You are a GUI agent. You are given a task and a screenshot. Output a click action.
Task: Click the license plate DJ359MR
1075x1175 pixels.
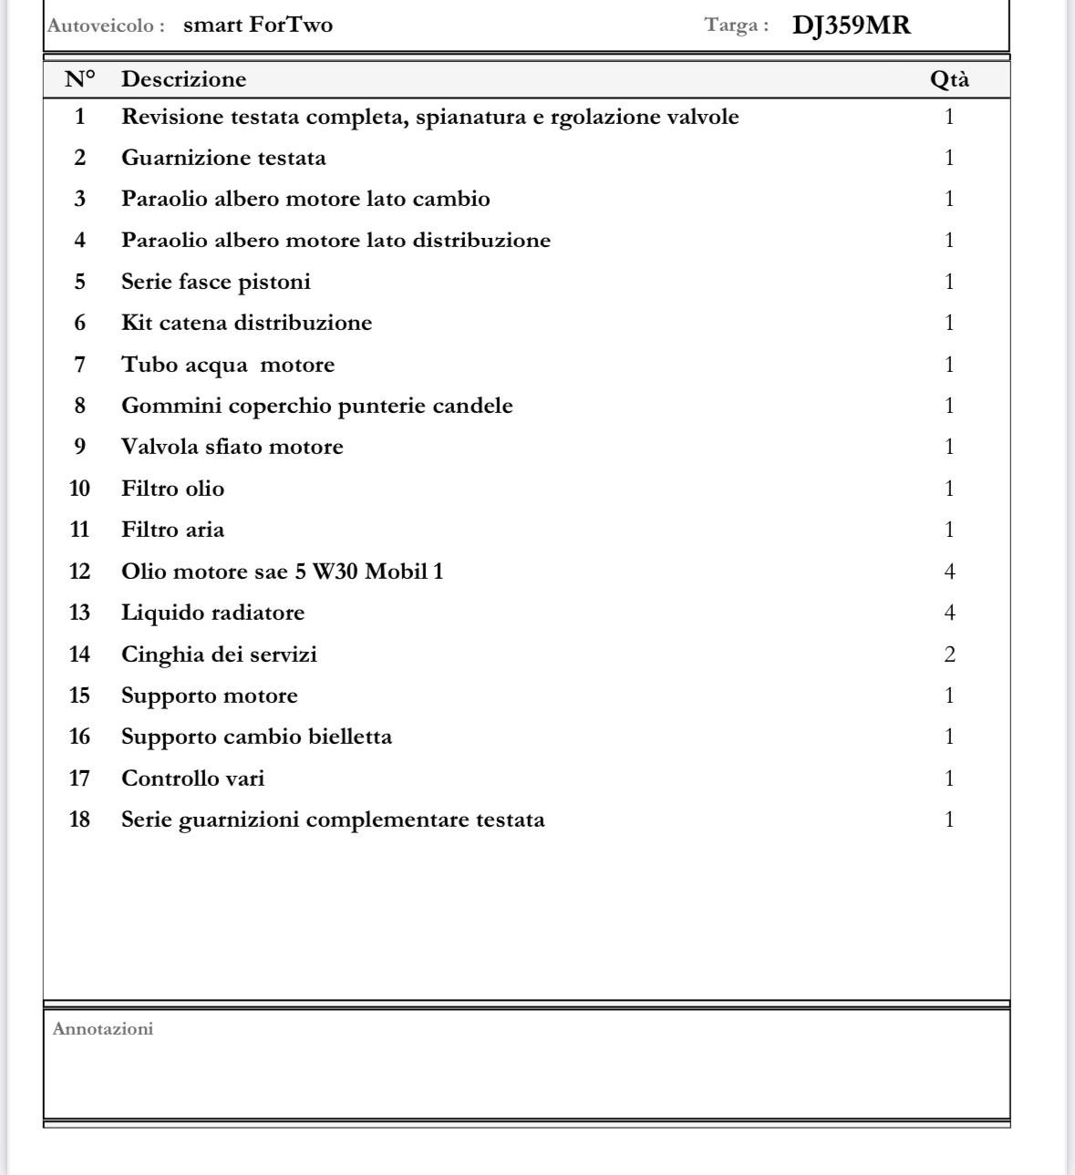[x=851, y=26]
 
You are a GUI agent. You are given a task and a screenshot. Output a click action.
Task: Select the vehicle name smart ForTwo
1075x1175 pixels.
[x=258, y=25]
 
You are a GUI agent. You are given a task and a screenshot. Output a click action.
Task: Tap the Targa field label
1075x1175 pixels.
[x=737, y=26]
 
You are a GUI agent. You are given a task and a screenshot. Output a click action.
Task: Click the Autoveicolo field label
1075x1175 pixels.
[x=106, y=26]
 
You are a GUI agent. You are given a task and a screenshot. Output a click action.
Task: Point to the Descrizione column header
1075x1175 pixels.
[x=183, y=79]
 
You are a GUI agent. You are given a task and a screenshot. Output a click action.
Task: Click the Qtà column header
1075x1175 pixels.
[x=949, y=79]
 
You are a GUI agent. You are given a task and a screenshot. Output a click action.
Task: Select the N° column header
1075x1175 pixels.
[x=80, y=79]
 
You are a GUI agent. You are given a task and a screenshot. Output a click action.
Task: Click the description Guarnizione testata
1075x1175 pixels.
[x=223, y=158]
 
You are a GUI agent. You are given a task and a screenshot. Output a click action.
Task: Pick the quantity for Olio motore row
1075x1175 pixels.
[x=949, y=572]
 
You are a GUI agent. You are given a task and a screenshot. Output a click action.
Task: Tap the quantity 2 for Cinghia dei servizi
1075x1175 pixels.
[x=949, y=654]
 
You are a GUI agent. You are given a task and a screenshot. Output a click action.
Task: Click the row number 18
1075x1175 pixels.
[x=80, y=819]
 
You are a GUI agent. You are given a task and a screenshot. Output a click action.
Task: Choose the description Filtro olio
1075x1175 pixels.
[x=172, y=489]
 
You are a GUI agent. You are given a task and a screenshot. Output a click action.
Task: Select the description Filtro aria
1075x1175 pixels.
[x=172, y=530]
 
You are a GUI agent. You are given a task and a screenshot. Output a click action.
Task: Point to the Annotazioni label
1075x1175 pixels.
[x=103, y=1029]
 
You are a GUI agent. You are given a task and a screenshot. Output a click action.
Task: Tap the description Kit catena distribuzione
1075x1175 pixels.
[x=246, y=323]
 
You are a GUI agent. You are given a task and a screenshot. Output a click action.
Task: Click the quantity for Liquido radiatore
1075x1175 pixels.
[x=949, y=613]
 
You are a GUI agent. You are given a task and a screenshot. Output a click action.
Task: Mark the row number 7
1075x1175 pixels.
[x=80, y=365]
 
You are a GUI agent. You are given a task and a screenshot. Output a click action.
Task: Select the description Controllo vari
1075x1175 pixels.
[x=192, y=778]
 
